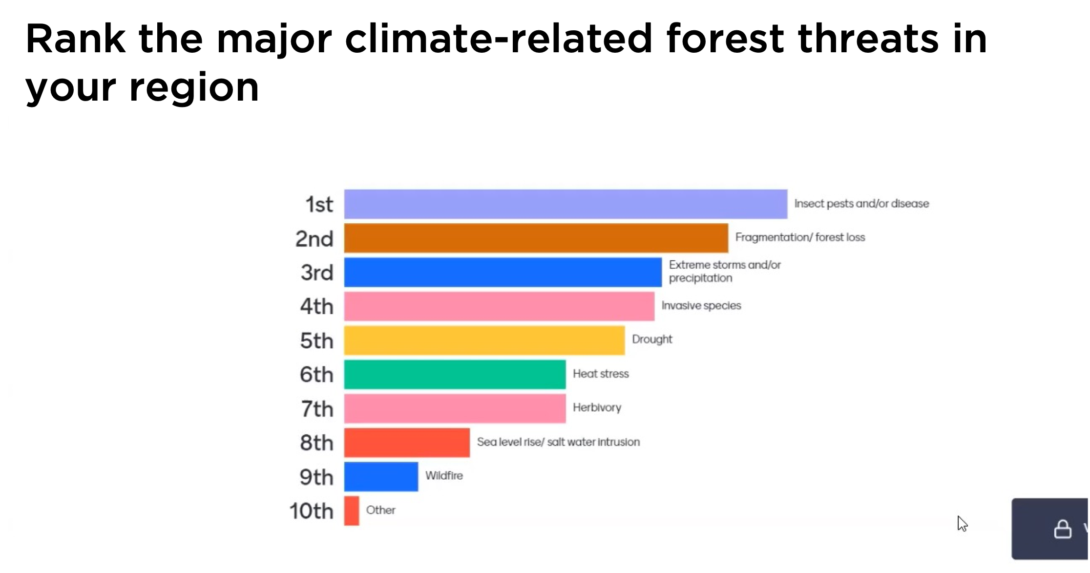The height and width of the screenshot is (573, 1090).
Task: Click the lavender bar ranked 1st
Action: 566,204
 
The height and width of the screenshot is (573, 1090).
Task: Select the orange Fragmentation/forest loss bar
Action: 536,238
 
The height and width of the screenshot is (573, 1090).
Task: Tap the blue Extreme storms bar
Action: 503,272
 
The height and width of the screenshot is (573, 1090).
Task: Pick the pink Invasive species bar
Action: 499,306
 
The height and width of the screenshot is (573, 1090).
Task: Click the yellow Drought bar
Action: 484,340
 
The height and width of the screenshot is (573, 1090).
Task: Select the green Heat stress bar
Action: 455,375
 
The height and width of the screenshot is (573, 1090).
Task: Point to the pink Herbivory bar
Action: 455,408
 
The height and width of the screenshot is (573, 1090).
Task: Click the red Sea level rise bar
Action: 407,443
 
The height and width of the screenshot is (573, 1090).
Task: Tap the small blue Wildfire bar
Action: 381,477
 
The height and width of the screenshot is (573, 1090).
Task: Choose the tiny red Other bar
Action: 352,511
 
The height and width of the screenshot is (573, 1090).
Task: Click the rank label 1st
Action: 319,204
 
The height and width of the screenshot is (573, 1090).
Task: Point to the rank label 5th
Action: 316,340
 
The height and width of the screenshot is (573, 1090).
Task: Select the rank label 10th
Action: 311,511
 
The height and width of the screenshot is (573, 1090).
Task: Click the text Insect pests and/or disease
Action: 861,204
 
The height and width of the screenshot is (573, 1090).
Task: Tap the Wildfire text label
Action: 444,476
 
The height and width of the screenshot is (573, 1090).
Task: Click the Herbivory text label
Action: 597,407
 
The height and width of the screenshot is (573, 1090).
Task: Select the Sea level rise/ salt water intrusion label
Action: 558,442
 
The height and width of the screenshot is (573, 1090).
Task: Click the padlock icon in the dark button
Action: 1063,529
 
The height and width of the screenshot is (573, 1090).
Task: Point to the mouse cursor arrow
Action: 962,523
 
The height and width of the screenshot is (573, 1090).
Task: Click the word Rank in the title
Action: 76,39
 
